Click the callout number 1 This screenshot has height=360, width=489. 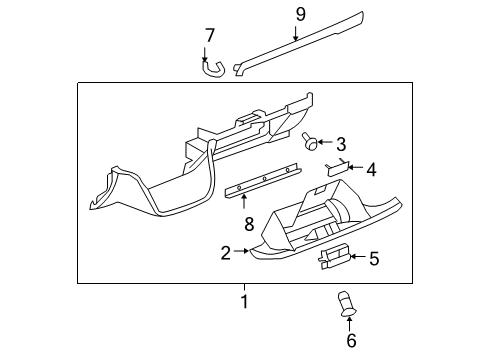[243, 300]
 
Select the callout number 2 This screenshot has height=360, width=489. [226, 253]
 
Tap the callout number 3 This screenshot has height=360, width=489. [340, 143]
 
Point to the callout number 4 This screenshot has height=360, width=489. [371, 169]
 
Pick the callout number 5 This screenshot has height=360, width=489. [374, 259]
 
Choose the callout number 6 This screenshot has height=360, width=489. [351, 341]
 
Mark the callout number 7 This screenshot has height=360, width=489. [209, 37]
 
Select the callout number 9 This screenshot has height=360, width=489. [299, 14]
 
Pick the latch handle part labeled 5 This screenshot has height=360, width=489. [334, 258]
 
